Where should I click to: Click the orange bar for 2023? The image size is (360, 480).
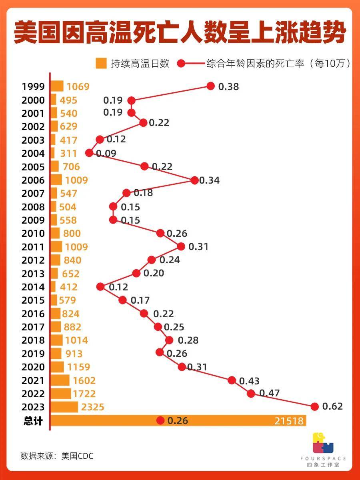[64, 407]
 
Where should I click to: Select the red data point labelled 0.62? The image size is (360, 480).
[315, 407]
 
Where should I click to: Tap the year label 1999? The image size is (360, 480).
[34, 87]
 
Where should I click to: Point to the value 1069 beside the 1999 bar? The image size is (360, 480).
[78, 87]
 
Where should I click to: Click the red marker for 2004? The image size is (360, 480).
[89, 153]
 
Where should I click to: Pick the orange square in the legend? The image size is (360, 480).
[101, 63]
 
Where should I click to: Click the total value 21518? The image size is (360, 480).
[289, 421]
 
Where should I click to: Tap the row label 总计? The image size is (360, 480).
[33, 421]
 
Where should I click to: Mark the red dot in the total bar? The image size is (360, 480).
[160, 420]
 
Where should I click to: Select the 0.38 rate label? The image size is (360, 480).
[228, 86]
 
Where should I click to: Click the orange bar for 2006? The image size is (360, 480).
[56, 180]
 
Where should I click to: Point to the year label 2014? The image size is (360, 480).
[34, 287]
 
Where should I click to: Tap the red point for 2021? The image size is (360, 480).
[232, 380]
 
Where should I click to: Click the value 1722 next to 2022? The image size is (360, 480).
[84, 394]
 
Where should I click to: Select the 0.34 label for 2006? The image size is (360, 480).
[209, 180]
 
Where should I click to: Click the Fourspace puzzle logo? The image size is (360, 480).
[323, 443]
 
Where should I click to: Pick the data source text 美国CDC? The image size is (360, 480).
[77, 456]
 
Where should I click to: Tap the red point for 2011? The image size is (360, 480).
[181, 246]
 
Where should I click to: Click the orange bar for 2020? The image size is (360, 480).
[57, 367]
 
